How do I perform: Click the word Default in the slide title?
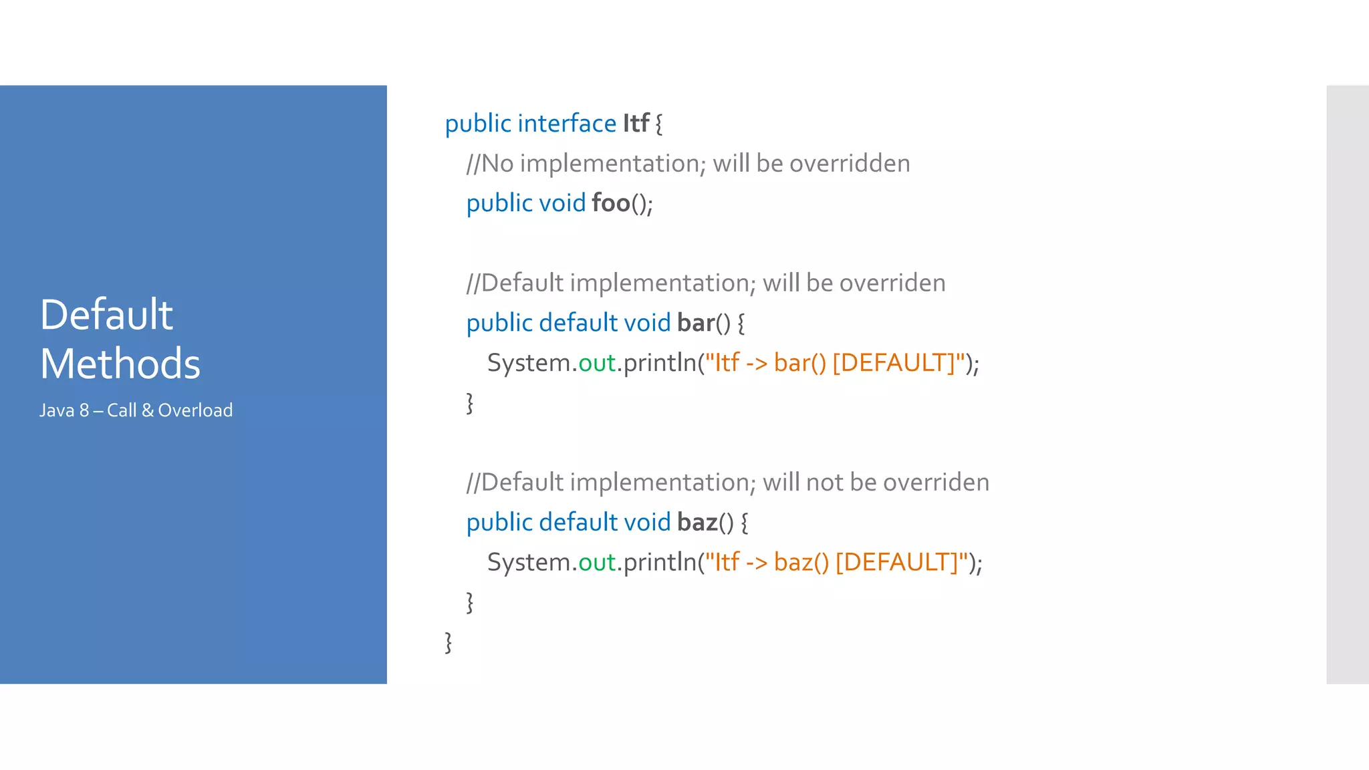click(106, 314)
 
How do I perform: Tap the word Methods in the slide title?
click(120, 364)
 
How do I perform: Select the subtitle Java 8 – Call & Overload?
click(136, 410)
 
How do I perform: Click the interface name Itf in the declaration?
click(636, 124)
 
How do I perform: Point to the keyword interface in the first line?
click(567, 124)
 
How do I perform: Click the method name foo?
click(611, 203)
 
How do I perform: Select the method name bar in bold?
click(696, 323)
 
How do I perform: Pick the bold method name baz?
click(697, 522)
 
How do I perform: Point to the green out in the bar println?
click(596, 363)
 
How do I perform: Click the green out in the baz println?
click(596, 562)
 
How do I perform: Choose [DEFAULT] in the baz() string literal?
click(897, 562)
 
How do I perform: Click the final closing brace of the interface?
click(449, 642)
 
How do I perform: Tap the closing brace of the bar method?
click(470, 403)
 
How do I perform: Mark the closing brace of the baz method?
click(470, 602)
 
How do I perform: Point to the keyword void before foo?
click(562, 203)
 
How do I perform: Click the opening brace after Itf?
click(659, 124)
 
